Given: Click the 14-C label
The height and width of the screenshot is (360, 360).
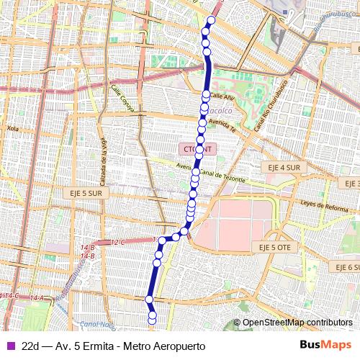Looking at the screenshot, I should [x=10, y=295].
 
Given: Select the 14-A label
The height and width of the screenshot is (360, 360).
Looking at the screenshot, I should [x=37, y=297].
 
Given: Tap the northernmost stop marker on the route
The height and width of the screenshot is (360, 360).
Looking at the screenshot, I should [x=212, y=20].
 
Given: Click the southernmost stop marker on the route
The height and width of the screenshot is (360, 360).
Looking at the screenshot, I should [x=153, y=320].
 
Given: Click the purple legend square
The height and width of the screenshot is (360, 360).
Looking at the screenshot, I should [x=9, y=346].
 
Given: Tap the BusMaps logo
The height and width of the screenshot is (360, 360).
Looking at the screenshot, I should [x=325, y=345].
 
